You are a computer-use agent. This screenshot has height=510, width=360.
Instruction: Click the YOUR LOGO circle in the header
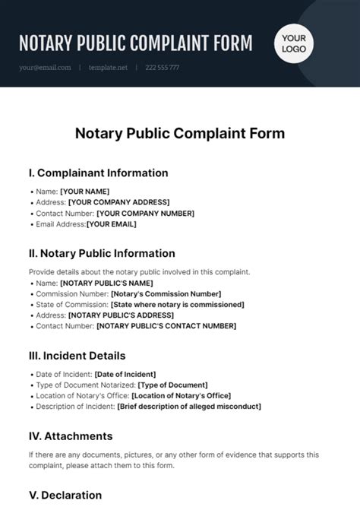pyautogui.click(x=294, y=44)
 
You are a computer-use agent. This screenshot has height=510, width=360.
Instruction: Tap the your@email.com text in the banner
pyautogui.click(x=46, y=68)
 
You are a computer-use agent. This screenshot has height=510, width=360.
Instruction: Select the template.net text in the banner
pyautogui.click(x=107, y=68)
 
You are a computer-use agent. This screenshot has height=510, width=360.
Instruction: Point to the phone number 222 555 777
pyautogui.click(x=163, y=68)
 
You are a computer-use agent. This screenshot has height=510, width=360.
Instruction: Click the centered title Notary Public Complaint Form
pyautogui.click(x=180, y=134)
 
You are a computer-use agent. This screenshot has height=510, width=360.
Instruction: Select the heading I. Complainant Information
pyautogui.click(x=98, y=173)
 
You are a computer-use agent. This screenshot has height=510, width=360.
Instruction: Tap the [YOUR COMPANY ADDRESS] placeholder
pyautogui.click(x=119, y=202)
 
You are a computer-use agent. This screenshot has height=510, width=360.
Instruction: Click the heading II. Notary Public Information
pyautogui.click(x=102, y=253)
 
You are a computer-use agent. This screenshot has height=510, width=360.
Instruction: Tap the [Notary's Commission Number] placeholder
pyautogui.click(x=166, y=293)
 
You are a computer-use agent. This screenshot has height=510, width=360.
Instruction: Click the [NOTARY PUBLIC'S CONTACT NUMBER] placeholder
pyautogui.click(x=166, y=326)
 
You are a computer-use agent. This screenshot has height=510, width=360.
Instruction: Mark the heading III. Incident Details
pyautogui.click(x=77, y=355)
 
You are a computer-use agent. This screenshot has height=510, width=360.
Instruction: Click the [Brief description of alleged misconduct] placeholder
pyautogui.click(x=189, y=407)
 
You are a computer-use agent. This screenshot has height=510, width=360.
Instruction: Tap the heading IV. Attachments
pyautogui.click(x=71, y=436)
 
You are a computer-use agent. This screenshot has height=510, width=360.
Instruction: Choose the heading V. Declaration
pyautogui.click(x=65, y=495)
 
